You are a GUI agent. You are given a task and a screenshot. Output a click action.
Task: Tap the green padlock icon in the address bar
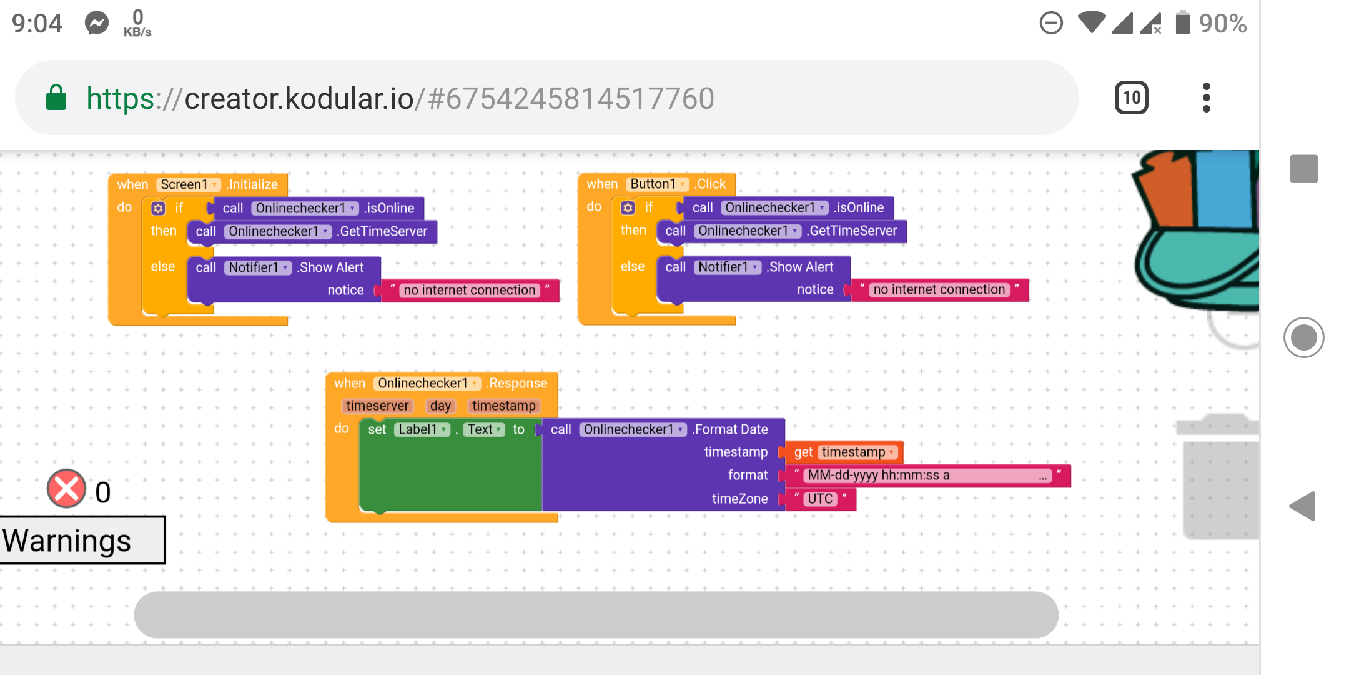click(x=56, y=97)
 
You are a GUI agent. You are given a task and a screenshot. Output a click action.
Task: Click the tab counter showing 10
click(x=1131, y=97)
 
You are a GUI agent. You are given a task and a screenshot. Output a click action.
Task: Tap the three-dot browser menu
click(x=1206, y=97)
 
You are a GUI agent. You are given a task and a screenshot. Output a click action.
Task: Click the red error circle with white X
click(x=66, y=489)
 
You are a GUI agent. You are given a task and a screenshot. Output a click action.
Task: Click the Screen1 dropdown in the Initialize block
click(x=188, y=184)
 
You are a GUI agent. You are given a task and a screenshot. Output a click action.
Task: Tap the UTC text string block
click(x=820, y=499)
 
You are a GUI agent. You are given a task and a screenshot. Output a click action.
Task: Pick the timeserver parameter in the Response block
click(x=377, y=406)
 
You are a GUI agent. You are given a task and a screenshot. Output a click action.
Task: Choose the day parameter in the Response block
click(x=440, y=406)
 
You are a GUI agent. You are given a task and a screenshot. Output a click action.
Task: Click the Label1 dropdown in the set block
click(x=422, y=429)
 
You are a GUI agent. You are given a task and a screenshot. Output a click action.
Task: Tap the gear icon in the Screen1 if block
click(x=159, y=208)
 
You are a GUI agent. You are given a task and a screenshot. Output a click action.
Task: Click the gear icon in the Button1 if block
click(x=628, y=207)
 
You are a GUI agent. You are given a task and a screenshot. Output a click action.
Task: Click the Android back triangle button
click(x=1303, y=506)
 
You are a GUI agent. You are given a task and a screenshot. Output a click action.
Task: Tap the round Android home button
click(x=1303, y=337)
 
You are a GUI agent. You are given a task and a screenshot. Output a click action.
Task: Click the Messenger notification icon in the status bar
click(x=97, y=24)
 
